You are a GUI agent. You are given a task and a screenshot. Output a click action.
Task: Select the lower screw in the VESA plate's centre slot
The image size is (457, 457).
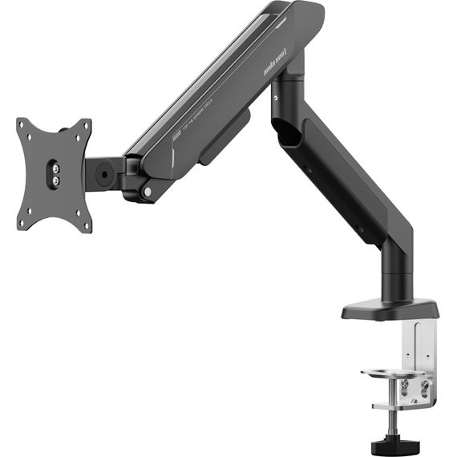pos(54,181)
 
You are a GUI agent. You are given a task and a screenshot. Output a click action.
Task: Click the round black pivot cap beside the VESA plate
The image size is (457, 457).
pos(103,171)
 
